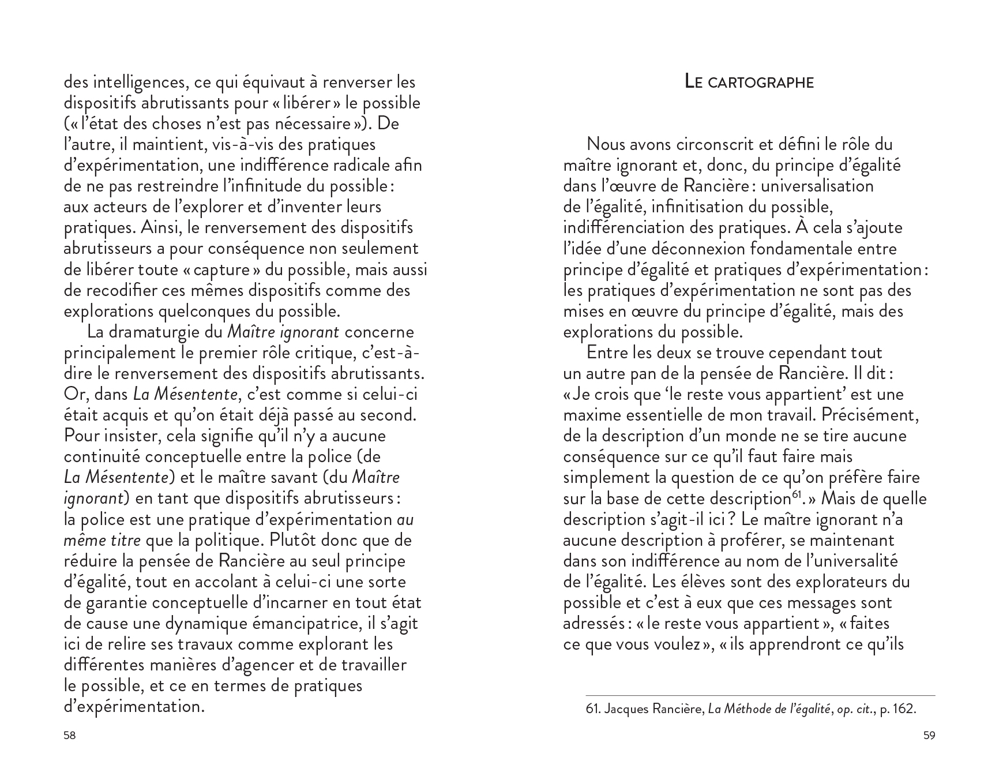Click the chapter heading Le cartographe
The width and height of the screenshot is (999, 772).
point(749,82)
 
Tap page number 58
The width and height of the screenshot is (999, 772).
point(69,736)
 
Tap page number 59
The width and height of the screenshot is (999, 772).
point(929,736)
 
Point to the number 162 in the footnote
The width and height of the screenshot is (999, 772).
point(903,709)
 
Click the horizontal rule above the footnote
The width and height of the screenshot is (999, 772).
point(760,695)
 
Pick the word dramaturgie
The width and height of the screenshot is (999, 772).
point(154,332)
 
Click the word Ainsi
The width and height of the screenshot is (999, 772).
point(157,228)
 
